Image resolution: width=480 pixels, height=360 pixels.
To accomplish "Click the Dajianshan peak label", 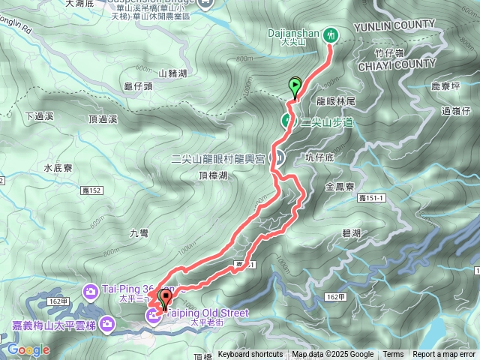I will pos(294,33).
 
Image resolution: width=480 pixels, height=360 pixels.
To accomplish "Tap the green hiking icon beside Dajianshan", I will pos(330,34).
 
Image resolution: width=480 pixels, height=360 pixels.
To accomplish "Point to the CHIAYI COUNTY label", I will pos(400,64).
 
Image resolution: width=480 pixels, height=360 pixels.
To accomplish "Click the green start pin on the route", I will pos(295,87).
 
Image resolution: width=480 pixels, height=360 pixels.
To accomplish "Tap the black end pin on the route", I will pos(165,298).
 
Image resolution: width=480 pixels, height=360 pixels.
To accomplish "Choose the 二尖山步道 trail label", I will pos(326,121).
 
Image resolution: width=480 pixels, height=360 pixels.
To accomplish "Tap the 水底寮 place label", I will pos(56,168).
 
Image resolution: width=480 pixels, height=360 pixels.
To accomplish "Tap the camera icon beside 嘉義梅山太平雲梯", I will pos(108,324).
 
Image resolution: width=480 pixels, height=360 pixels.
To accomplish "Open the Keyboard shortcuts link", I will pos(250,355).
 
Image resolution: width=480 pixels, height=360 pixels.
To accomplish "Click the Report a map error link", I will pos(444,355).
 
